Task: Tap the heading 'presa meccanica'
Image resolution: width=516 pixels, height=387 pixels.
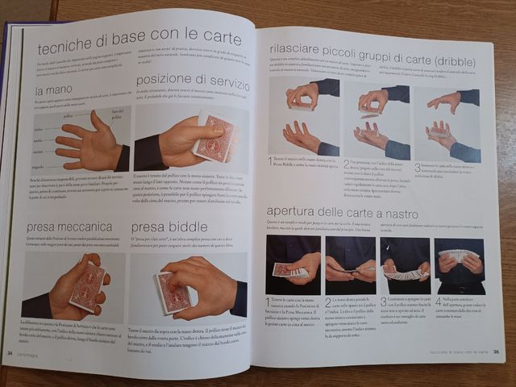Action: point(69,227)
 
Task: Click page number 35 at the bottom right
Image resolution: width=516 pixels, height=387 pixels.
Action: point(497,351)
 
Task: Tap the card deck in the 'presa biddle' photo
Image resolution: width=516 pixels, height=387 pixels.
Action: point(174,293)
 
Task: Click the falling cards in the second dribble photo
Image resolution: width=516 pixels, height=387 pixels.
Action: point(371,118)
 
